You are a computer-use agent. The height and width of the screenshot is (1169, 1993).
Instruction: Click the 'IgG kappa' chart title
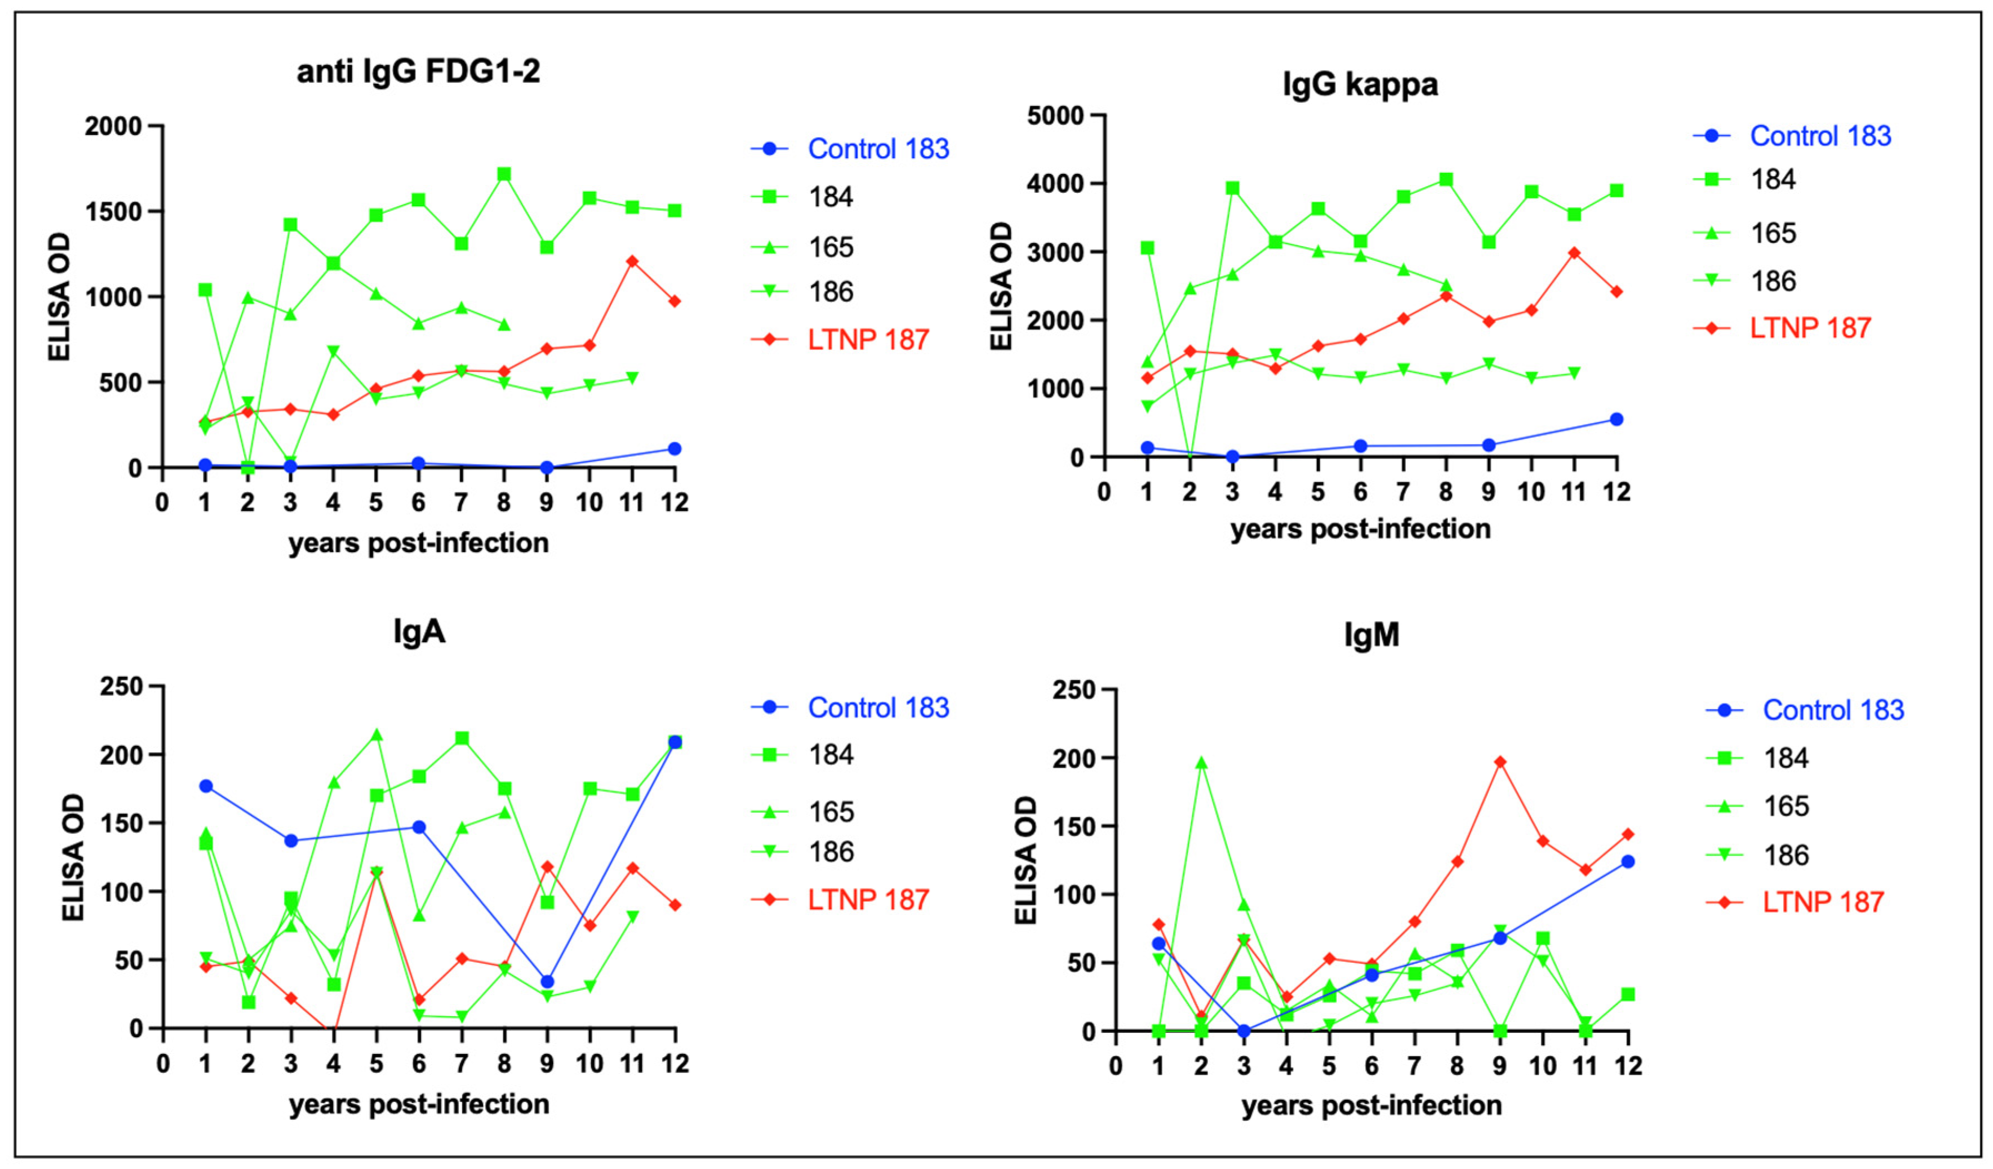coord(1360,84)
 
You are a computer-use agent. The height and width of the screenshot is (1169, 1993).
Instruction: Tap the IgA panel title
coord(419,632)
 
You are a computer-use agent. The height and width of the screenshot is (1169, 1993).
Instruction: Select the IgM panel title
coord(1371,635)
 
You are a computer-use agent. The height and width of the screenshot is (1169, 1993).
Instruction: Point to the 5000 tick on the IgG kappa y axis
coord(1055,116)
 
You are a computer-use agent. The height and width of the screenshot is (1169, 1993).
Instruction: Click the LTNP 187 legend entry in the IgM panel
coord(1822,902)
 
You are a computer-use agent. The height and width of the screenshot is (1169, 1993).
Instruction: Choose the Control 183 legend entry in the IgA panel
coord(877,707)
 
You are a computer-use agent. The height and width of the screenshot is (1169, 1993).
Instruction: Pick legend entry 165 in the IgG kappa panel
coord(1772,233)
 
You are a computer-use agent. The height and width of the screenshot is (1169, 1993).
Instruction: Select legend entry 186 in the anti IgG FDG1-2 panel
coord(831,292)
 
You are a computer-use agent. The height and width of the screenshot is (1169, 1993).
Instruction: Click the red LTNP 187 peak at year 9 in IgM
coord(1500,762)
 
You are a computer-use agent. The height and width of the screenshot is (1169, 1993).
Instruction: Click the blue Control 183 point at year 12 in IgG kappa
coord(1616,419)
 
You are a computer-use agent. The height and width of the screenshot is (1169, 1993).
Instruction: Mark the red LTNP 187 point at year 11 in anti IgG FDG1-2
coord(632,261)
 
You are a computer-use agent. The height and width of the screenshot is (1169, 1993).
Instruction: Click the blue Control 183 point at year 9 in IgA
coord(547,982)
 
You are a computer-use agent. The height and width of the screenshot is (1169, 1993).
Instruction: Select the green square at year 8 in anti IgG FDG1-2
coord(504,174)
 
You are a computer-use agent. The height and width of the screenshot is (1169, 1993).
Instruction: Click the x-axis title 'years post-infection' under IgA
coord(418,1104)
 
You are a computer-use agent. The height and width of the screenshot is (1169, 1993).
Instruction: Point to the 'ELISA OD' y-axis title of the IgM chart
coord(1025,861)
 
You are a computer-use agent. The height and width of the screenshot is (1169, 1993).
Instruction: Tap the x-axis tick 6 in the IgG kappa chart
coord(1360,492)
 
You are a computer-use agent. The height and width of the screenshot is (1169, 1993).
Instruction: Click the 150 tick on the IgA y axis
coord(121,823)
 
